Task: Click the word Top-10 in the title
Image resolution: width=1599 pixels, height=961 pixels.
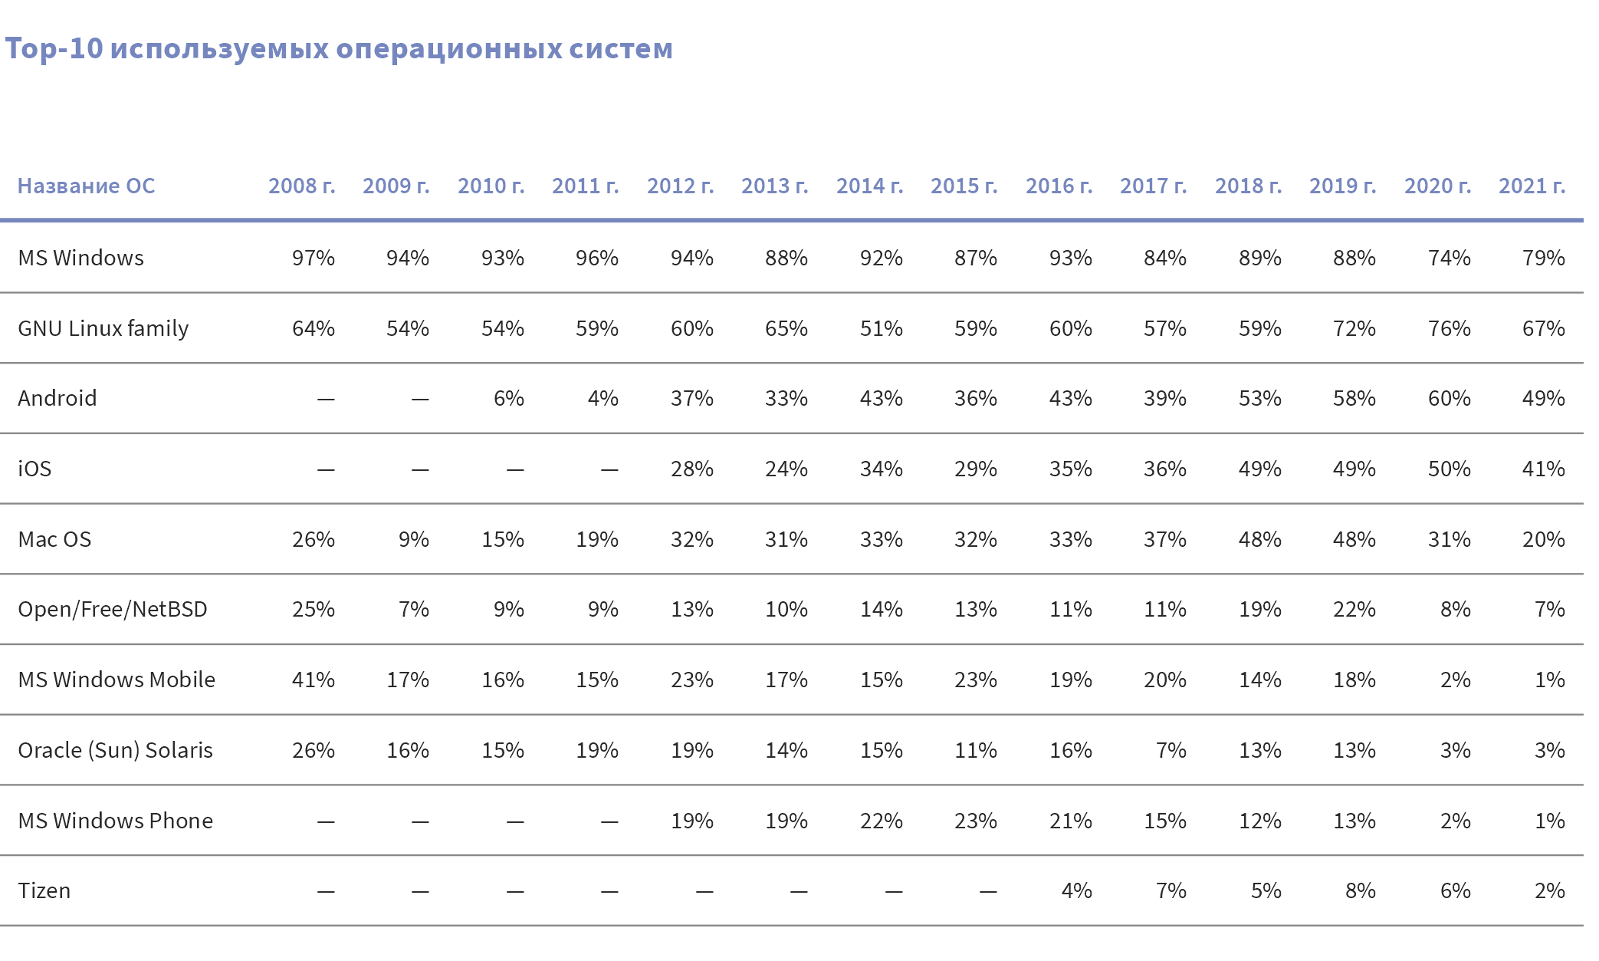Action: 54,48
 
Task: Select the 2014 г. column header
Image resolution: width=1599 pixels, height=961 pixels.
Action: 869,186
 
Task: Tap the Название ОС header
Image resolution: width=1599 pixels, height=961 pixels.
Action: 86,186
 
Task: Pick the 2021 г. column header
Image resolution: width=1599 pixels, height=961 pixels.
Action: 1532,186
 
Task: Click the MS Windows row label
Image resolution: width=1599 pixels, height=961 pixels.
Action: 80,258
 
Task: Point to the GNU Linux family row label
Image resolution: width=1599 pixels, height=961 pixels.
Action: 103,328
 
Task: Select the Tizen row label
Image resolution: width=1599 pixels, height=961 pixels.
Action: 44,890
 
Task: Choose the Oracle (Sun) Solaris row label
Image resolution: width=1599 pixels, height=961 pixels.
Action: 115,750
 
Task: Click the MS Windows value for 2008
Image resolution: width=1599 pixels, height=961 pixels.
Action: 313,258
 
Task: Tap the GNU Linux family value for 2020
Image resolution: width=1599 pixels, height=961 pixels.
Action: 1449,328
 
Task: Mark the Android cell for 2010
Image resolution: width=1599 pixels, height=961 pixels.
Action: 508,398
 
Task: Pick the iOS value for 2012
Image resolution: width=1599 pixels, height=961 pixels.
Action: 691,469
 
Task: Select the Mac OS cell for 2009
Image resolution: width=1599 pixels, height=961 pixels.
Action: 413,539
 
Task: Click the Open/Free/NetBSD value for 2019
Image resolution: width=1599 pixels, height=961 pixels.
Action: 1354,609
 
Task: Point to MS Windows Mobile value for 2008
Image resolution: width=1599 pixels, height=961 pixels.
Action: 313,680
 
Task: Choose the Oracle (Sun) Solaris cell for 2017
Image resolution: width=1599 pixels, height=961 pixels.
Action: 1171,750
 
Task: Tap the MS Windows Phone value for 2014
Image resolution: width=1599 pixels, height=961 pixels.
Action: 881,821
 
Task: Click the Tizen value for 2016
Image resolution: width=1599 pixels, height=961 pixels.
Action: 1076,890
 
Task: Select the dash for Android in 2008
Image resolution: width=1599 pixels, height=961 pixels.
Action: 326,399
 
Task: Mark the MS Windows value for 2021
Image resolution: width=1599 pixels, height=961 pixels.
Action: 1543,258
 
